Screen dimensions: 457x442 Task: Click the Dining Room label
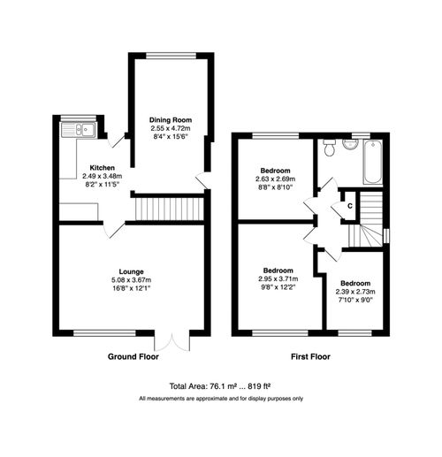point(171,119)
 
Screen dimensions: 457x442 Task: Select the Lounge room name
point(132,270)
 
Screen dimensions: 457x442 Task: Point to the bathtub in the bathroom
point(372,162)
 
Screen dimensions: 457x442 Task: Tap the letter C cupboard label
point(351,206)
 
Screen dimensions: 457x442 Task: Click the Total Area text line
point(221,386)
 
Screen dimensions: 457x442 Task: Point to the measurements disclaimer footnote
point(221,400)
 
